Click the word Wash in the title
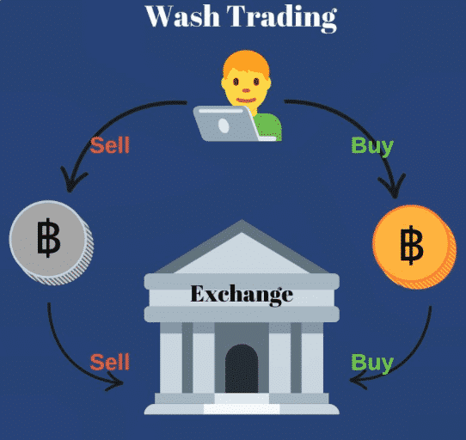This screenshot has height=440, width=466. (183, 16)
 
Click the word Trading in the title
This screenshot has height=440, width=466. (282, 18)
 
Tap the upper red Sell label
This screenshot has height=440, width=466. (110, 145)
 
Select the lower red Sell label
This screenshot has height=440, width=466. (110, 362)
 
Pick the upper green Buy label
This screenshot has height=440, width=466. (372, 147)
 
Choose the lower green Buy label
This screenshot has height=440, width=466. (372, 364)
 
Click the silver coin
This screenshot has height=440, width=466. (51, 242)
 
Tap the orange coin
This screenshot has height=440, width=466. (414, 247)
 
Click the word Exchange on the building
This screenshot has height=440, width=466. (242, 295)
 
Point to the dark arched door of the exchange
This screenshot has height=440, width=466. (242, 369)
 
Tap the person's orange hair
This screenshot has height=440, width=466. (247, 64)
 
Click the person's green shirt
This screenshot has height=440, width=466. (268, 125)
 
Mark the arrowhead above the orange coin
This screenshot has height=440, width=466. (393, 186)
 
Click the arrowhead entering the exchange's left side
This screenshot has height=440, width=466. (115, 382)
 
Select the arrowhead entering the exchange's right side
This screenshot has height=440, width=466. (359, 380)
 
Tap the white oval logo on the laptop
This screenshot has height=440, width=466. (224, 126)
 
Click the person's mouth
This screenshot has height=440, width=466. (246, 101)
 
